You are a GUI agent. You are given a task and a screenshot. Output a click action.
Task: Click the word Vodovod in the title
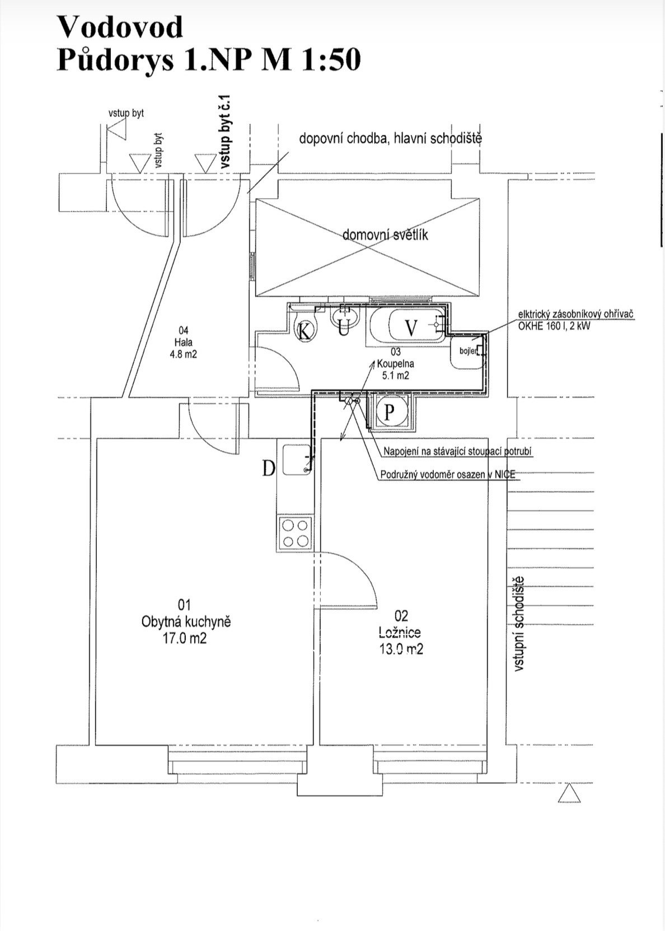[120, 27]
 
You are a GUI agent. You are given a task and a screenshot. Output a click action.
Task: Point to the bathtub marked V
[408, 327]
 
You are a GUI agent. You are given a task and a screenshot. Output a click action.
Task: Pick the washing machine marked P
[390, 411]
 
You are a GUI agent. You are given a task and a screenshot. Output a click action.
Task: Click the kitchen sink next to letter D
[297, 459]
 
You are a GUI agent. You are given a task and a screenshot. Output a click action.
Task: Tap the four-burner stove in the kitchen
[295, 532]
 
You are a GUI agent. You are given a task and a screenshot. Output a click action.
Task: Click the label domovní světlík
[385, 235]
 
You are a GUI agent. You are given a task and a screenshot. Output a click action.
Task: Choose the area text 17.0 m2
[185, 638]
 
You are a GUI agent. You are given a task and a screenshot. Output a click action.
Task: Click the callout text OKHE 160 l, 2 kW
[554, 326]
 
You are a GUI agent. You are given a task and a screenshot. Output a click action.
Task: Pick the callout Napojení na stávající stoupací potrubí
[458, 451]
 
